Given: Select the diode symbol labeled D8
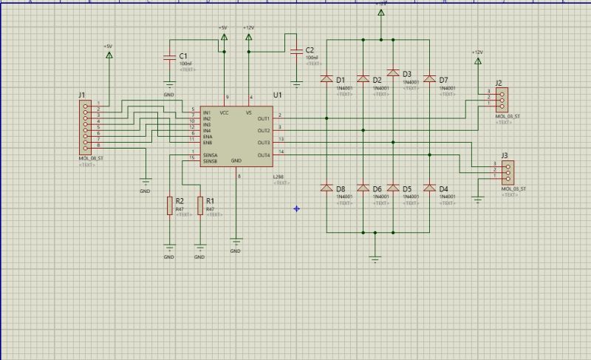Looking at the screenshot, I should click(326, 188).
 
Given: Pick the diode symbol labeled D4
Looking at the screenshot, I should click(428, 188).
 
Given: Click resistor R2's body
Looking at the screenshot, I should click(170, 206).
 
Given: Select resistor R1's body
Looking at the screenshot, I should click(200, 206).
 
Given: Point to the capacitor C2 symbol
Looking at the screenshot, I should click(297, 51).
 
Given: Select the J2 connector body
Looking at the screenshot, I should click(502, 99).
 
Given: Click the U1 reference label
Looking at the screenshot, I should click(277, 95).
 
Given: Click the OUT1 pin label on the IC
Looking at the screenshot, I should click(263, 118).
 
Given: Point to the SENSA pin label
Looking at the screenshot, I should click(210, 154).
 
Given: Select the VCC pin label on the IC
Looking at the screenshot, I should click(224, 112).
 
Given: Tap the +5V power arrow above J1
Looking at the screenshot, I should click(109, 54).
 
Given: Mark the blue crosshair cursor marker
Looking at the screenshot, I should click(296, 208).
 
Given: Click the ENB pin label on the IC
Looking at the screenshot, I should click(208, 142).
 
